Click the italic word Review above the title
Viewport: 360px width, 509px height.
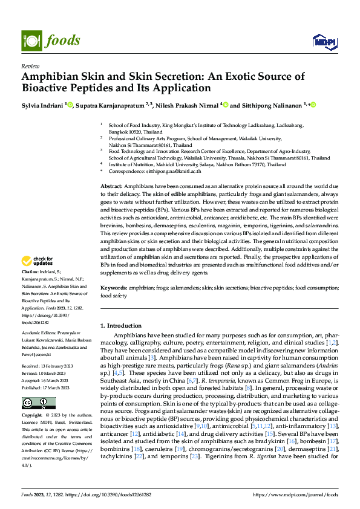30,66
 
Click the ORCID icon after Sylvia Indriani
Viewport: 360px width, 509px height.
70,105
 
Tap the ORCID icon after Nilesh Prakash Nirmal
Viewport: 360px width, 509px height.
226,105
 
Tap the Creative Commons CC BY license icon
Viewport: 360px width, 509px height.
38,403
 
